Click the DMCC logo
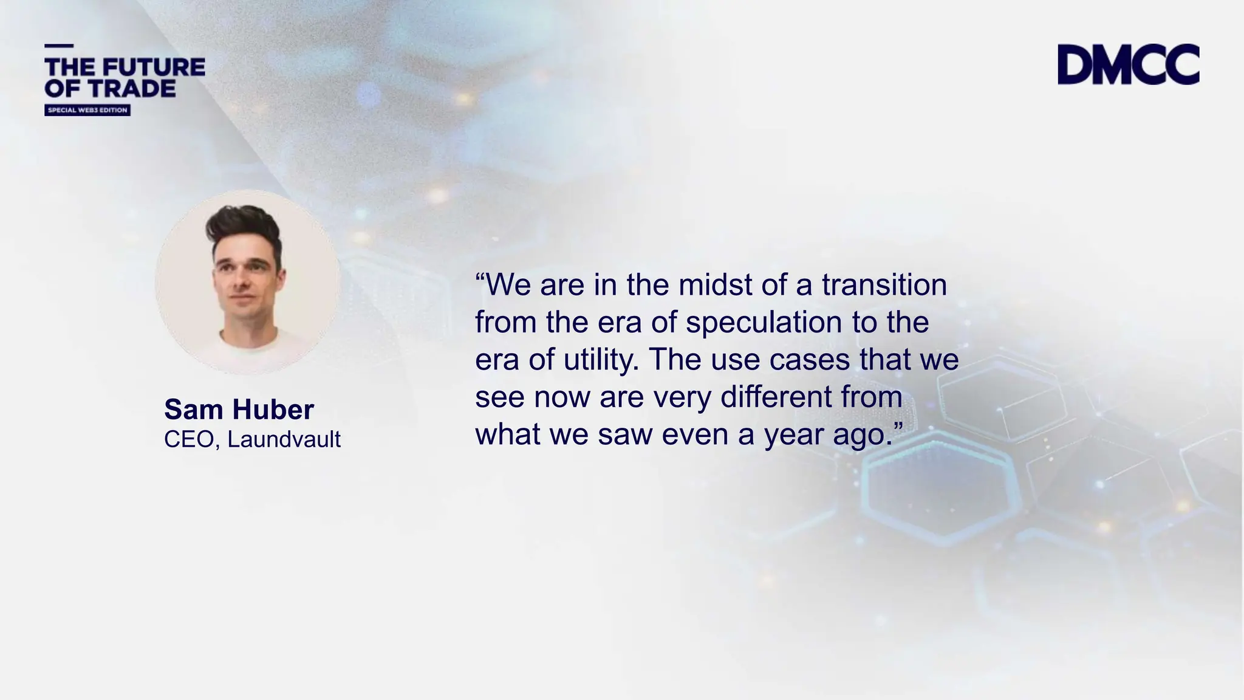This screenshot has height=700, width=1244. coord(1128,64)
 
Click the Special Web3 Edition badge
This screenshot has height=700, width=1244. coord(87,110)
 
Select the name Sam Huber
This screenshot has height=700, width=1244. coord(239,410)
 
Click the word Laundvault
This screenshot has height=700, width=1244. coord(284,439)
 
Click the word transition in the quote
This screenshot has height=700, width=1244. coord(884,285)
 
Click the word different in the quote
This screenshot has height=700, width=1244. coord(776,397)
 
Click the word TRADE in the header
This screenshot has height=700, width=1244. coord(131,89)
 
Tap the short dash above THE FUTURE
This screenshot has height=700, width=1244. coord(59,46)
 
